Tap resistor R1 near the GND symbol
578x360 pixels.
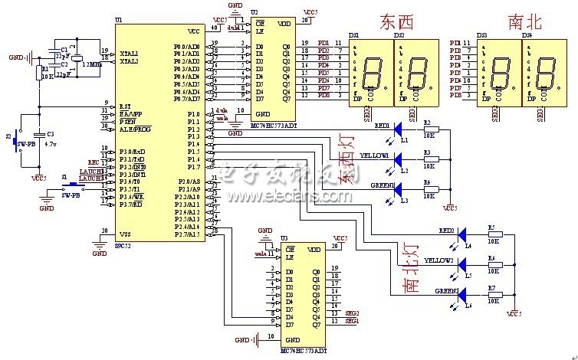point(39,74)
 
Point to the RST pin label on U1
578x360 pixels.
point(124,106)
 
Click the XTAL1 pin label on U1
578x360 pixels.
point(128,53)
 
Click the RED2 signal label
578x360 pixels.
point(447,230)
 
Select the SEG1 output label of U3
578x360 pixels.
point(352,321)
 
